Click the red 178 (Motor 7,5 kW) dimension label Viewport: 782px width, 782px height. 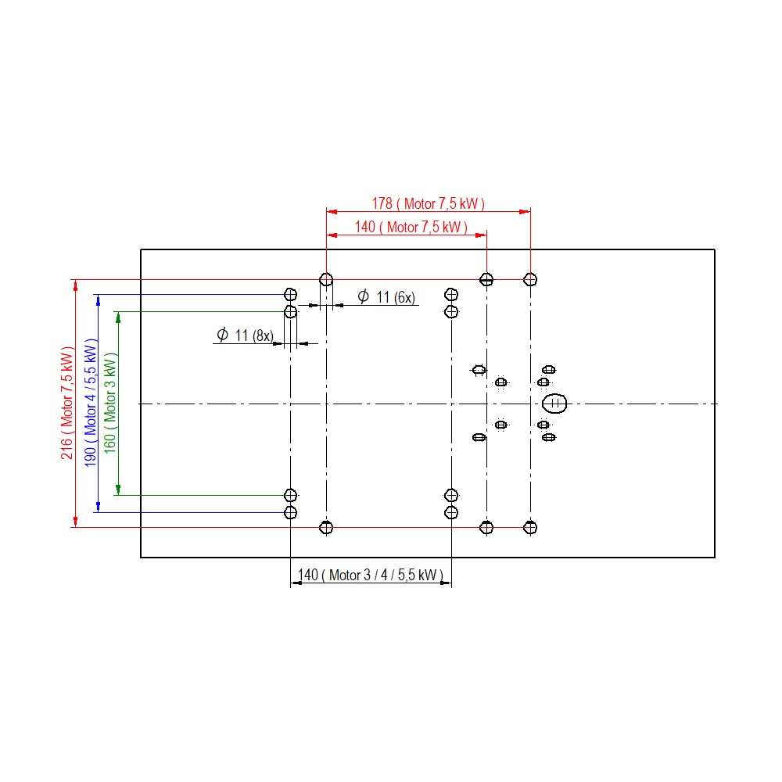pos(428,203)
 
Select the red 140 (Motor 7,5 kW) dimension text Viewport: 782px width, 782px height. pos(411,228)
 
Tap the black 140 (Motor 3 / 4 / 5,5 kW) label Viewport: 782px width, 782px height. pos(370,575)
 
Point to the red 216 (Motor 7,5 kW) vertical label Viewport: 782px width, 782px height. pos(66,403)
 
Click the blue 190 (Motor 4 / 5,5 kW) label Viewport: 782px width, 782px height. pos(90,403)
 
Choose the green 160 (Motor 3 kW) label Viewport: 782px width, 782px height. pos(109,403)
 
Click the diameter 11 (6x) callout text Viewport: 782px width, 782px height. pos(386,296)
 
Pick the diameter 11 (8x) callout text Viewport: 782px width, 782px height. pos(245,335)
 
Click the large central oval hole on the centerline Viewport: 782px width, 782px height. pos(554,404)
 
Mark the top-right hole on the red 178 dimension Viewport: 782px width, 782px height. pos(530,279)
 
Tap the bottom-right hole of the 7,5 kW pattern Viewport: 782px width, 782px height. pos(530,527)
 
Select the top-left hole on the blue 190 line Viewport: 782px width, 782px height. pos(290,294)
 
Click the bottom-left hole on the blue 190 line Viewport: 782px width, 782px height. pos(290,512)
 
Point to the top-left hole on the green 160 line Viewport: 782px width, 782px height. pos(290,312)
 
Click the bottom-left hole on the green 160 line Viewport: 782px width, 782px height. pos(290,495)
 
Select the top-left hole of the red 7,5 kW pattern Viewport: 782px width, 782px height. pos(326,279)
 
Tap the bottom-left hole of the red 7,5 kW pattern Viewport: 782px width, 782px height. pos(326,527)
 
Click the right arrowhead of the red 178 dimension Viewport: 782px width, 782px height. pos(525,211)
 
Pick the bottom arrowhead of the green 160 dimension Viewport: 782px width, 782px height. pos(118,490)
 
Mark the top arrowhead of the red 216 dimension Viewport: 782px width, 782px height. pos(75,285)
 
